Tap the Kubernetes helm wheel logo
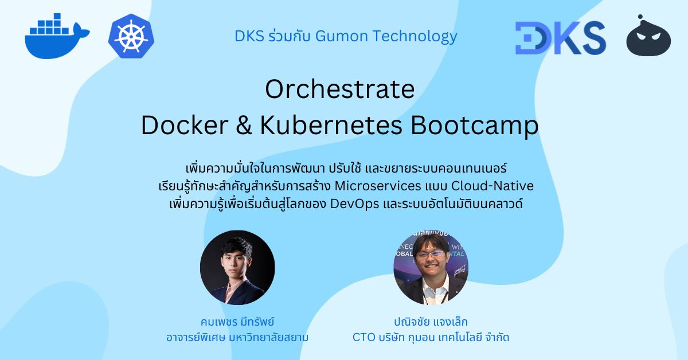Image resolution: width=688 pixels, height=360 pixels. [131, 37]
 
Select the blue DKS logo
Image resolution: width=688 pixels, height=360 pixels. [560, 37]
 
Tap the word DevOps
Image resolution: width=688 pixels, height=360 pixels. [354, 204]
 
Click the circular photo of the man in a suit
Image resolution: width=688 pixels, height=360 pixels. [237, 267]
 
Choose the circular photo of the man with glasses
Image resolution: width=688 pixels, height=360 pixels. [431, 267]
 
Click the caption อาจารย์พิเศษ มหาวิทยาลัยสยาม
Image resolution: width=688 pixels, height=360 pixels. [237, 337]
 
